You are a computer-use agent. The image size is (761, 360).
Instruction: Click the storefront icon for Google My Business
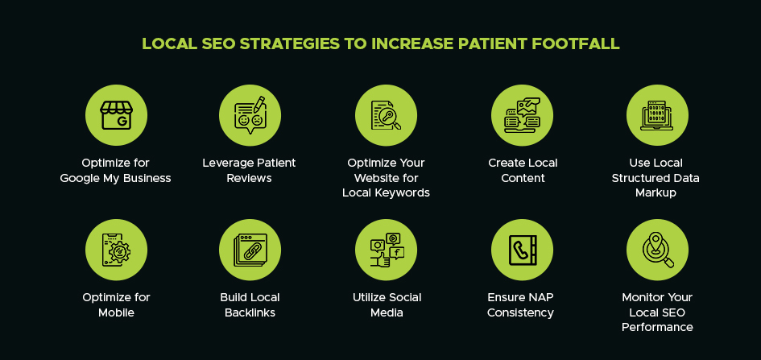click(116, 115)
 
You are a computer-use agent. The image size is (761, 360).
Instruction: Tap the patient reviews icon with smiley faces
click(250, 115)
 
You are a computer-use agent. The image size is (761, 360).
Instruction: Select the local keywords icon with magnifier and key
click(386, 115)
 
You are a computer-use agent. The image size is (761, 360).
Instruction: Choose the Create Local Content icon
click(522, 115)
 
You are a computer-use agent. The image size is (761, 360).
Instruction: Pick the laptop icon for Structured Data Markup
click(657, 115)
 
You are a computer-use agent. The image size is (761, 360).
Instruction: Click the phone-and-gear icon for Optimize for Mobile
click(116, 250)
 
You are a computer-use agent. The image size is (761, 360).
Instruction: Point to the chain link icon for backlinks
click(250, 250)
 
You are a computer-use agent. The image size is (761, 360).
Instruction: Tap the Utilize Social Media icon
click(386, 250)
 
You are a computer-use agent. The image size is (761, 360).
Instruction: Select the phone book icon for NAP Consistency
click(522, 250)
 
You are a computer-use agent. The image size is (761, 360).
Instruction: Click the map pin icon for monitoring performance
click(657, 250)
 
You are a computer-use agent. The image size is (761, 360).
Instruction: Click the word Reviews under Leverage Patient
click(250, 178)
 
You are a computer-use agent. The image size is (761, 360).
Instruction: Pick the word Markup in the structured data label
click(657, 192)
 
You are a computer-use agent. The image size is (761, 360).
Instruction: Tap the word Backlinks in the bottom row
click(250, 312)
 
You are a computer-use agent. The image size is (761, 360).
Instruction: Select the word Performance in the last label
click(657, 327)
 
